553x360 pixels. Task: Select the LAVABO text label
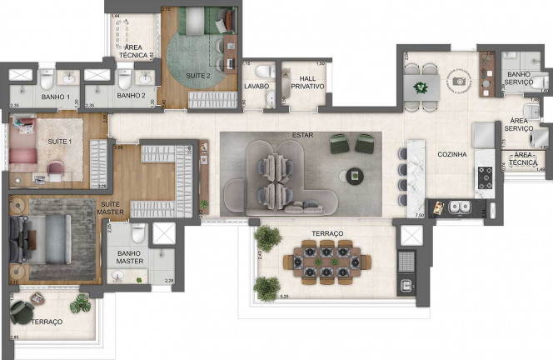pos(256,86)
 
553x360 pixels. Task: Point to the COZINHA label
pos(451,154)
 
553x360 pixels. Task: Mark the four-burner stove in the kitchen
pos(484,177)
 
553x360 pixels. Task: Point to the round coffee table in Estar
pos(355,175)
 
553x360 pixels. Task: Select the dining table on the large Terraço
pos(326,262)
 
